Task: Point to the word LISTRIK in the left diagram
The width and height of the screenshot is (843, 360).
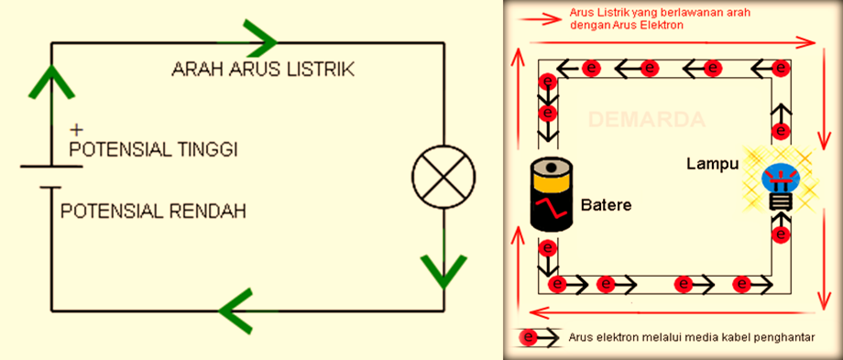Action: tap(323, 71)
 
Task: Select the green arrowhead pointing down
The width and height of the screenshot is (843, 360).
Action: tap(443, 267)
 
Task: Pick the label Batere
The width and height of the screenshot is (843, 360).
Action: tap(605, 202)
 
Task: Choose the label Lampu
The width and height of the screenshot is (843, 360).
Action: tap(712, 163)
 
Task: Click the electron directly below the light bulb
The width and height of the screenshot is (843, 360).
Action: tap(781, 235)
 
